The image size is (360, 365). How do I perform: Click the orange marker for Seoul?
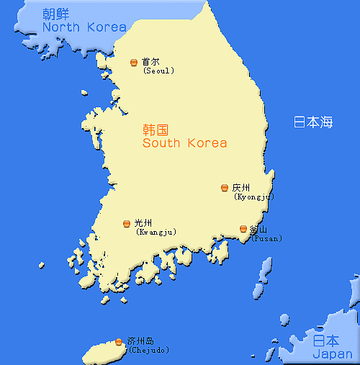coord(133,63)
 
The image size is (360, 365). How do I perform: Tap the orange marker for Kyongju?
coord(225,188)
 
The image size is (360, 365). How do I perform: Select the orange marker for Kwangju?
coord(127,223)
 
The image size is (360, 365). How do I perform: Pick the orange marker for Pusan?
coord(243,229)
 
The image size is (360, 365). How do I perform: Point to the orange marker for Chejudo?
coord(119,341)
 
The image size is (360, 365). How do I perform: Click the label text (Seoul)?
coord(158,71)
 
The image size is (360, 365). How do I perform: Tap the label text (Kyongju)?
coord(254,197)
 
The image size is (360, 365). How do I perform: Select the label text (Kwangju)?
coord(156,232)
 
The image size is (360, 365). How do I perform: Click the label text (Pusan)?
coord(266,238)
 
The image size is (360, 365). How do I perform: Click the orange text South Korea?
coord(184,143)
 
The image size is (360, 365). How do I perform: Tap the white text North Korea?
coord(84,27)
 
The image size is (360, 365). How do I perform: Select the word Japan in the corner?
coord(333,353)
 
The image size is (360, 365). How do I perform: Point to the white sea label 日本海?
coord(313,122)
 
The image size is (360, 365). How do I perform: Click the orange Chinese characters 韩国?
coord(156,130)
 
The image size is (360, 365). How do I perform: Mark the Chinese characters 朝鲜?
coord(56,14)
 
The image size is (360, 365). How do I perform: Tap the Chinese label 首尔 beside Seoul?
coord(151,62)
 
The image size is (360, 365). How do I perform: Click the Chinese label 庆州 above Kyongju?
coord(241,188)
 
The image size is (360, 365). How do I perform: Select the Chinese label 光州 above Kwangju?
coord(143,223)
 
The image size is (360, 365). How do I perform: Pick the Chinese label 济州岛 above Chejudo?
coord(140,341)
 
